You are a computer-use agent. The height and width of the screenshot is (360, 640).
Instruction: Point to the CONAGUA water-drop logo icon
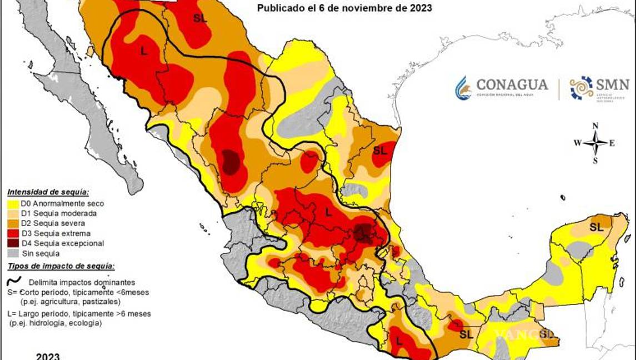pos(463,88)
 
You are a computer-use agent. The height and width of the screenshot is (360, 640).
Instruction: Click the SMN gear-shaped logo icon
pos(581,88)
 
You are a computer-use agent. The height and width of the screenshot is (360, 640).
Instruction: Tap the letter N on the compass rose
pos(595,126)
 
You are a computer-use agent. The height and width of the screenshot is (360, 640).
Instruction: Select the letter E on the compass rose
pos(612,143)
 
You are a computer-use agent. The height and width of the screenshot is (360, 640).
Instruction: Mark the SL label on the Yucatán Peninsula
pos(596,227)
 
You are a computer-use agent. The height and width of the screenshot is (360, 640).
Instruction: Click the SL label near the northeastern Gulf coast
pos(380,150)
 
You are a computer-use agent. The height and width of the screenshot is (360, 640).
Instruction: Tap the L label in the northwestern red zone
pos(144,51)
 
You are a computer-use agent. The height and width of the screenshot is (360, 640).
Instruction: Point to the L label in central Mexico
pos(328,212)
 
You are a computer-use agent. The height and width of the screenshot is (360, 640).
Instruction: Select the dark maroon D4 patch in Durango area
pos(231,162)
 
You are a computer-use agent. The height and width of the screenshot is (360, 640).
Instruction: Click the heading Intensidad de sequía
pos(47,192)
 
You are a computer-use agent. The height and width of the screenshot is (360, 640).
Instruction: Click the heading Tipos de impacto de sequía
pos(61,267)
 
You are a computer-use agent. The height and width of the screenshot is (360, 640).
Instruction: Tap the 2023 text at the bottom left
pos(48,356)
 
